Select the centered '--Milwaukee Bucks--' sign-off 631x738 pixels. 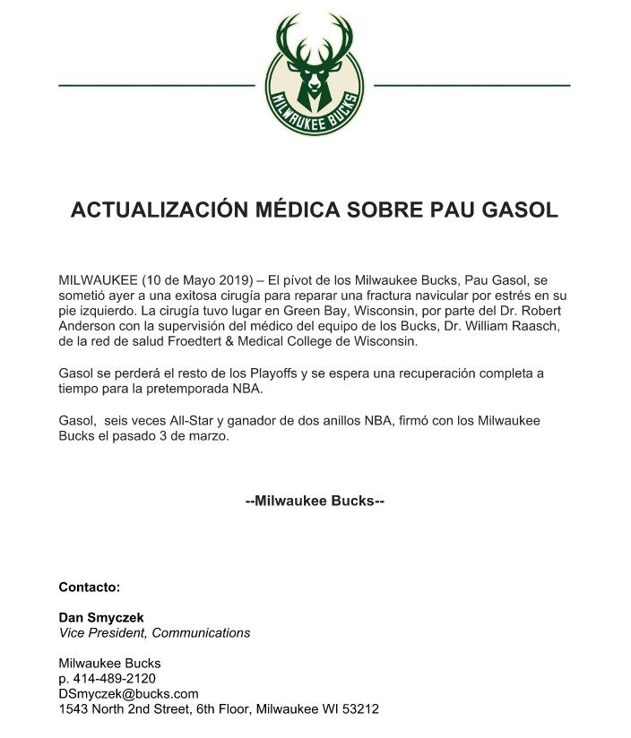point(315,501)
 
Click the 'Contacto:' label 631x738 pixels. point(89,588)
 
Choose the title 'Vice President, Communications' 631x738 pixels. point(154,632)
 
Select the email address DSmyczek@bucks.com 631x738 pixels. point(128,693)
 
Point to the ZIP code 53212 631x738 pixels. point(359,708)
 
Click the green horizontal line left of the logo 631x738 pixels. point(157,85)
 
